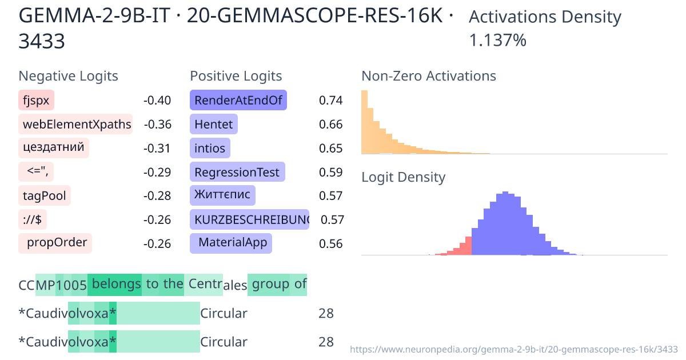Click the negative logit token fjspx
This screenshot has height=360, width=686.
[37, 101]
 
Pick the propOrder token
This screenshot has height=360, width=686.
[56, 243]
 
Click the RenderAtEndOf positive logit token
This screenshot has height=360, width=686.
[238, 101]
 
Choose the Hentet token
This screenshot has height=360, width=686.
[213, 125]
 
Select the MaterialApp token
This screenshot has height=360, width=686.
[232, 243]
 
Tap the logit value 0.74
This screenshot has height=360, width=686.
[330, 101]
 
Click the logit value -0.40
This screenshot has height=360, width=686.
[157, 101]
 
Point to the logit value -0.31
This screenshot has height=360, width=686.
[157, 149]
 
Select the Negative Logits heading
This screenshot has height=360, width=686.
[69, 76]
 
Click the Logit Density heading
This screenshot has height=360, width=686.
[403, 177]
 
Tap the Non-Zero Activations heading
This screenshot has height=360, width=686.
[429, 76]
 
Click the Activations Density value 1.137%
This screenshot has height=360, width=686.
[497, 41]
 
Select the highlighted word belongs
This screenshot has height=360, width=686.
[116, 284]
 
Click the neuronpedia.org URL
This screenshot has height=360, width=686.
[513, 349]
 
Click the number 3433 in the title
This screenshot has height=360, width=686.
[42, 41]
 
